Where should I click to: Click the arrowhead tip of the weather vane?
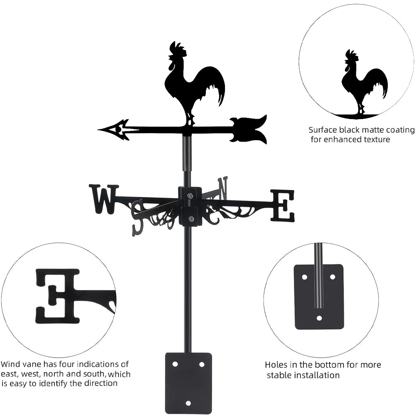tap(98, 129)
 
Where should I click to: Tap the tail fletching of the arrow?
tap(248, 129)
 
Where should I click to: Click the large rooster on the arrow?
tap(195, 83)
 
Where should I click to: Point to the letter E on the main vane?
tap(282, 205)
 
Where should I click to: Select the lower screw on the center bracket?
tap(190, 219)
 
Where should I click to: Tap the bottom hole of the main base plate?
tap(188, 403)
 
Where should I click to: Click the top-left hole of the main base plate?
tap(175, 364)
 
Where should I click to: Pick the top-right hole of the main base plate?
tap(202, 364)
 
